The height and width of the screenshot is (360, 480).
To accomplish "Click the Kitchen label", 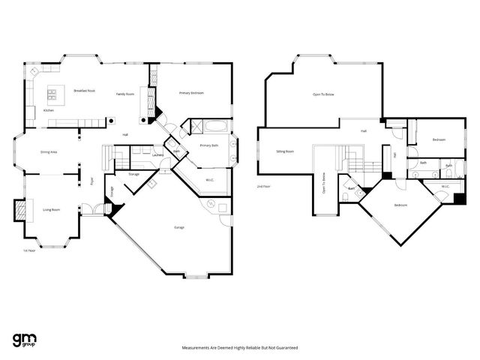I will click(48, 110).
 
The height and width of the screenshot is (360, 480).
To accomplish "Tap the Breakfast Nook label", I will click(85, 90).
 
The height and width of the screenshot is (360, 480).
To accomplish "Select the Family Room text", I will click(124, 94).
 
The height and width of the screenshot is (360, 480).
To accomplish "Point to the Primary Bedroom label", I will click(191, 92).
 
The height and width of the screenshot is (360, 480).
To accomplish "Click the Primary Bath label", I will click(208, 145).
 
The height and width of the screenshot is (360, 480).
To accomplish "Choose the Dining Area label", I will click(49, 152).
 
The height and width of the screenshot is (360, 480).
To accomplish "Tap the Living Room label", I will click(51, 209).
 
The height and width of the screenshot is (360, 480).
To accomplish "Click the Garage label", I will click(179, 227).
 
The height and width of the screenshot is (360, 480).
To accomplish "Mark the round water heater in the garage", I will click(211, 204).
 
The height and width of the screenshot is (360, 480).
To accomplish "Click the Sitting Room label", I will click(284, 151).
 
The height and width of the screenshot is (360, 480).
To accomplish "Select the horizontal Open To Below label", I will click(323, 94).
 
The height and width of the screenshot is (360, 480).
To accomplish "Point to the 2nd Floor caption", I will click(263, 185).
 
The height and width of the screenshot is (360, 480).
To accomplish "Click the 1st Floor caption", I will click(29, 250).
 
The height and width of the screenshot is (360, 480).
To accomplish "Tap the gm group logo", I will click(25, 339).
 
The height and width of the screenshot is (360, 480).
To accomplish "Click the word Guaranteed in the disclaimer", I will click(285, 348).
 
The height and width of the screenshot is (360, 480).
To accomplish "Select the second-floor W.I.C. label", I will click(445, 186).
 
